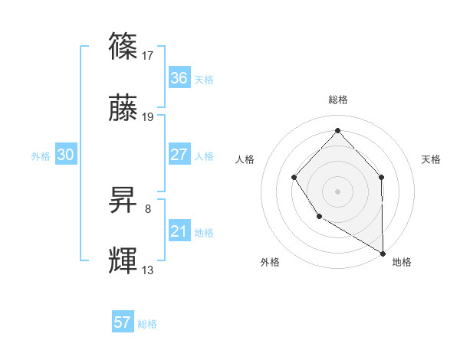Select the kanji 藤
tap(123, 110)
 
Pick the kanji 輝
tap(123, 261)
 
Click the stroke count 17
tap(149, 55)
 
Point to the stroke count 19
tap(149, 117)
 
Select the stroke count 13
tap(149, 270)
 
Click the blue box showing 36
tap(179, 78)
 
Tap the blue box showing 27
tap(179, 155)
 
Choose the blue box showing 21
tap(179, 231)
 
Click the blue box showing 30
tap(66, 155)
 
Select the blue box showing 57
tap(123, 322)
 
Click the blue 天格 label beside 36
tap(204, 79)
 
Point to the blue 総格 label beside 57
tap(147, 323)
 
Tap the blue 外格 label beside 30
tap(41, 155)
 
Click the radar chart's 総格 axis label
tap(338, 100)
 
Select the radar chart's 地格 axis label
tap(402, 262)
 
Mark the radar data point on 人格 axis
tap(294, 178)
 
